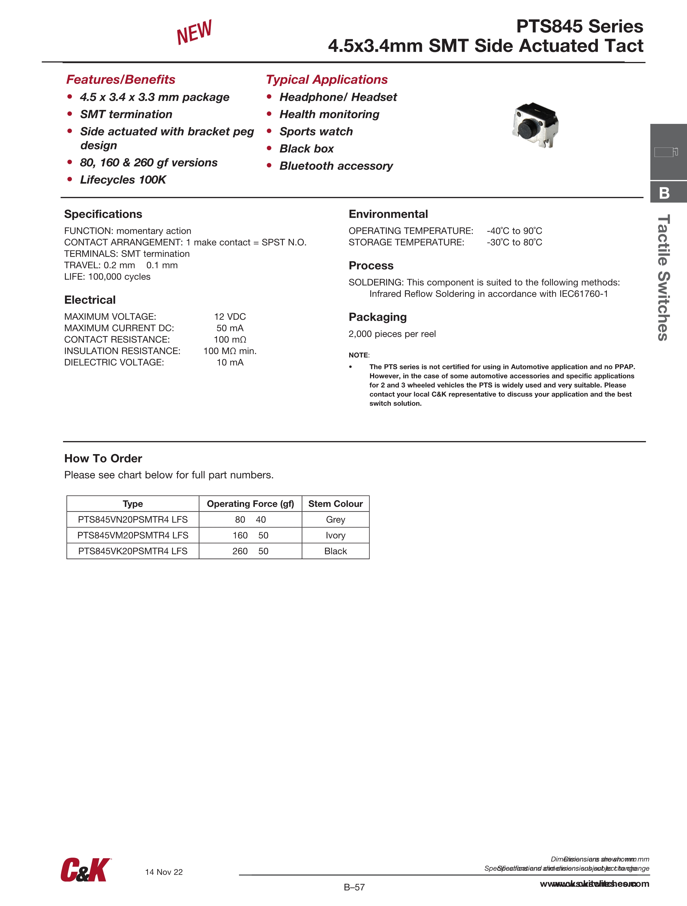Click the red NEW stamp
[x=194, y=32]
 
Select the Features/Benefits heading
[x=121, y=79]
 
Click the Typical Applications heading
[x=327, y=79]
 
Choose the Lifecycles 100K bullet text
[x=123, y=180]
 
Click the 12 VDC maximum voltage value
[x=230, y=317]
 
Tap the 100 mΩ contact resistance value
[x=230, y=340]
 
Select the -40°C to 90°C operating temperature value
[x=514, y=231]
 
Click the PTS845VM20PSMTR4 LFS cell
[x=133, y=535]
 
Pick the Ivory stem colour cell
[x=335, y=535]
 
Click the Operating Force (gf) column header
[x=250, y=504]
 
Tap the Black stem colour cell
[x=335, y=551]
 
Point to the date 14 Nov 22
[x=164, y=872]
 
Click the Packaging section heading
[x=378, y=317]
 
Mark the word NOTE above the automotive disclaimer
[x=359, y=355]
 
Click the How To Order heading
[x=103, y=458]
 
